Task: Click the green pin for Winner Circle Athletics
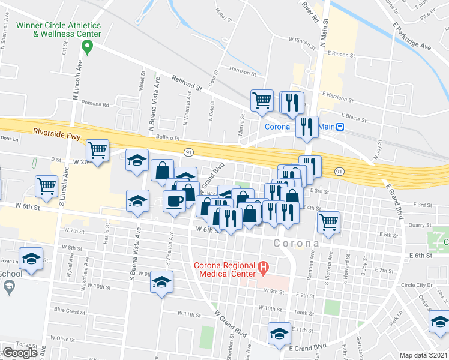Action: (x=88, y=46)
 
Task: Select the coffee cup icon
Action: (x=175, y=201)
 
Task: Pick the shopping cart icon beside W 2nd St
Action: (x=97, y=149)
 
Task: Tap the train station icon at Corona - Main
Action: (x=340, y=127)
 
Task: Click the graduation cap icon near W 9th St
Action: (x=161, y=281)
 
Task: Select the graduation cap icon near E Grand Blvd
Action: (x=279, y=332)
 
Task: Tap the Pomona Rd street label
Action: (x=95, y=104)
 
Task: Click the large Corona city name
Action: (x=296, y=244)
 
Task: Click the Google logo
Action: (x=20, y=353)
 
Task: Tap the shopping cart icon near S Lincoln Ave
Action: (x=46, y=185)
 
